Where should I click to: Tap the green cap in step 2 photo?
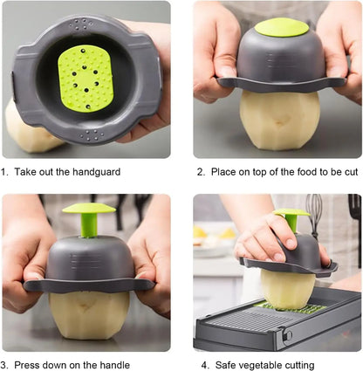pos(281,27)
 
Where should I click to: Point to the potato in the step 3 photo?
pos(89,313)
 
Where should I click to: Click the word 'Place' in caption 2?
pos(224,173)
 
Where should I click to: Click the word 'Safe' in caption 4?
pos(223,365)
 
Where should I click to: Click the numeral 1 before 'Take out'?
pos(4,173)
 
